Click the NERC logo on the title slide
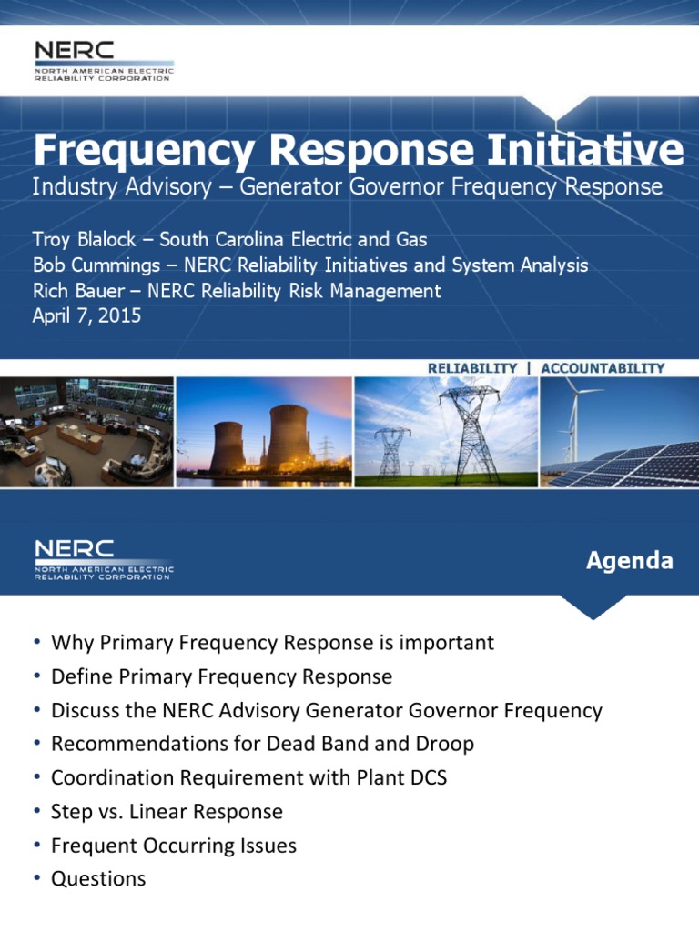102,60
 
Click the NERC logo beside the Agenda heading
102,559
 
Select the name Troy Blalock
86,240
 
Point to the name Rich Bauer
77,291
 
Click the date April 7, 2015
86,317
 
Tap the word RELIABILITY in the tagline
472,368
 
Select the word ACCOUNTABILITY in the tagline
603,368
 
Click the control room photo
86,432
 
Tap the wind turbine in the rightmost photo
573,414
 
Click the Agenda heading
630,560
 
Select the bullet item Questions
98,878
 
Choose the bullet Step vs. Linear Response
167,811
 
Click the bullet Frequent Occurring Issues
174,845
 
